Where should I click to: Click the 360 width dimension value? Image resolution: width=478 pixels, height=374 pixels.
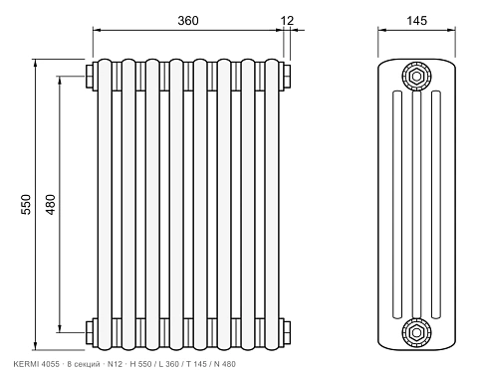point(188,21)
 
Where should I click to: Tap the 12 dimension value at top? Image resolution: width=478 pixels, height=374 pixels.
point(288,21)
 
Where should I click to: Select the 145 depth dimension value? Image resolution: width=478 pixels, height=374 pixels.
point(416,21)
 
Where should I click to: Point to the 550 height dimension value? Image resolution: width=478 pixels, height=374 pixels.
point(26,205)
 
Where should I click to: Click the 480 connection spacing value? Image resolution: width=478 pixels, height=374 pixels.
point(50,205)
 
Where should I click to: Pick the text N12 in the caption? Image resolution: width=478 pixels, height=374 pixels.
point(116,364)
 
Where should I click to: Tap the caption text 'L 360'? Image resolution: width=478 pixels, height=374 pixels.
point(169,364)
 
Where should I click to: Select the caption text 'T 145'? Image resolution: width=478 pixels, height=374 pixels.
point(196,364)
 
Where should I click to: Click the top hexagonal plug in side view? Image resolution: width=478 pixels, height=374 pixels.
point(416,77)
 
